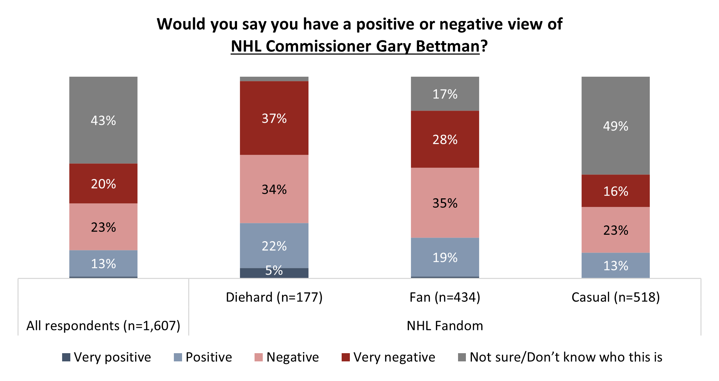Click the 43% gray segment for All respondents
coord(103,120)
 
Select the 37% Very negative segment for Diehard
coord(274,118)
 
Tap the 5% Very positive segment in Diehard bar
coord(274,273)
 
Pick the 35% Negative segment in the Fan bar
coord(445,203)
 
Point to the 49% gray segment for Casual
coord(615,126)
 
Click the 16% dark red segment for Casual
coord(615,191)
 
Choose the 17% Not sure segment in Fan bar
coord(445,94)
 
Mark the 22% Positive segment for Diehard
coord(274,246)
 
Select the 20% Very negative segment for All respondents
coord(103,183)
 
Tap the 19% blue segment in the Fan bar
coord(445,257)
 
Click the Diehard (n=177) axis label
coord(274,297)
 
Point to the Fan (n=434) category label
coord(445,297)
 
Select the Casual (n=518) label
coord(615,297)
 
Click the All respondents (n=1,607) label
coord(103,326)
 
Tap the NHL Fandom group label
coord(445,326)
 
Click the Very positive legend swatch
coord(66,357)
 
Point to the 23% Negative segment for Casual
coord(615,230)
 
